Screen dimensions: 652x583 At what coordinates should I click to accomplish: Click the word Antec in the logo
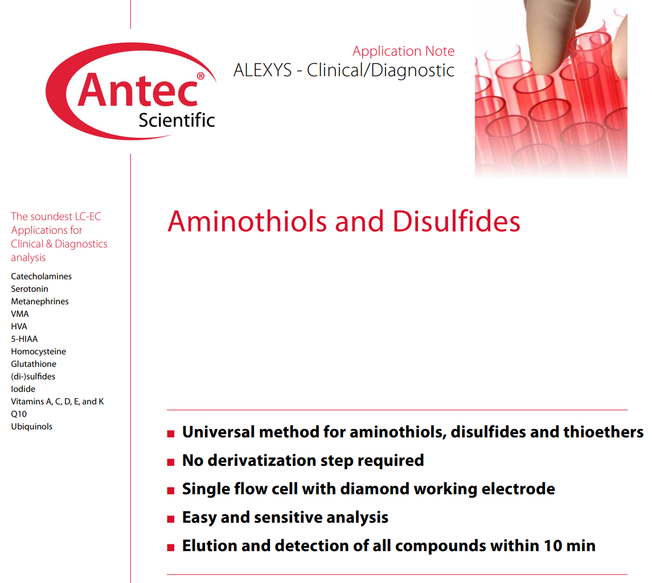click(x=137, y=90)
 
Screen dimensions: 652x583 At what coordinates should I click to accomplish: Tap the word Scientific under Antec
click(x=177, y=121)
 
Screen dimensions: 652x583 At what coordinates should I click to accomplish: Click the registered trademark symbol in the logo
click(x=200, y=76)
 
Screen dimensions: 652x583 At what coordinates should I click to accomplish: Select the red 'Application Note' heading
click(x=403, y=51)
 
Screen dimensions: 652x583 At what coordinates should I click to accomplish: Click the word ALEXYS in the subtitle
click(x=263, y=70)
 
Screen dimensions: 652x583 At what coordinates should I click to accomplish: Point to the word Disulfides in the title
click(x=456, y=221)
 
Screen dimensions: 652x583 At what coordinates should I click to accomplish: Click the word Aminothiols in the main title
click(x=247, y=221)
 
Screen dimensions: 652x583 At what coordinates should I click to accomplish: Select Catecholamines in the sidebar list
click(x=41, y=276)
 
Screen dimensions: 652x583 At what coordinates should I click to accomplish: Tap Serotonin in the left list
click(x=30, y=289)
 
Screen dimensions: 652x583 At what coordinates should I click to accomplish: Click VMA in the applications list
click(x=20, y=314)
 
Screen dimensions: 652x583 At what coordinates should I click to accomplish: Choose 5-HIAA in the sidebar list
click(x=24, y=339)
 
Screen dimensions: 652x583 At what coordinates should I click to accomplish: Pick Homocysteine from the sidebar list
click(x=38, y=352)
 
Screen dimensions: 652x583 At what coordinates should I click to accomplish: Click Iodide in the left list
click(x=23, y=389)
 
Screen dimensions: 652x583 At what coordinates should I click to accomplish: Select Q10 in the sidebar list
click(x=19, y=414)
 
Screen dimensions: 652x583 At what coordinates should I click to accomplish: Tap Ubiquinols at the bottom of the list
click(x=31, y=427)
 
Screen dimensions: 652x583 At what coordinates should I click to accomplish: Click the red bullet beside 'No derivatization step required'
click(x=170, y=462)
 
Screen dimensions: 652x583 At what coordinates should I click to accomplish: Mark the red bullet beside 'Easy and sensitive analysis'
click(x=170, y=519)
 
